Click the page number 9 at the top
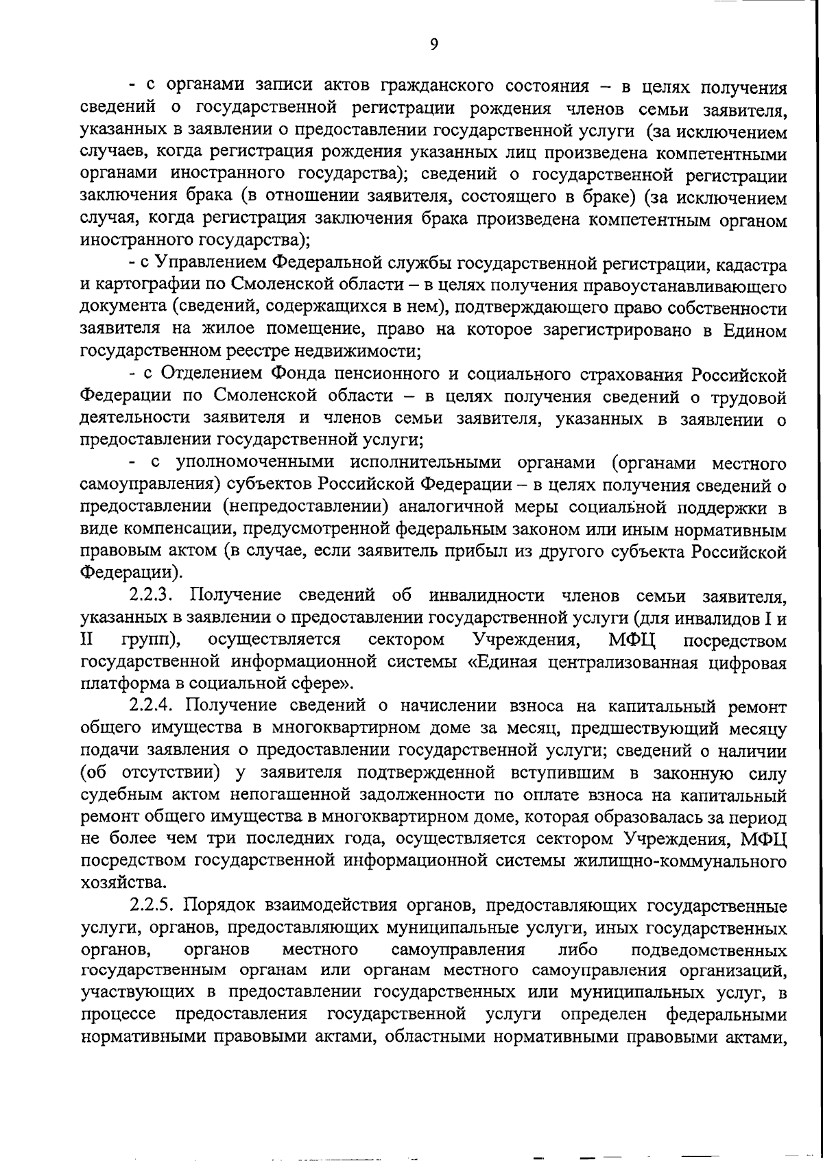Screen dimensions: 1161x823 pyautogui.click(x=433, y=45)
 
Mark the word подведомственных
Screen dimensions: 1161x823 pyautogui.click(x=708, y=950)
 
